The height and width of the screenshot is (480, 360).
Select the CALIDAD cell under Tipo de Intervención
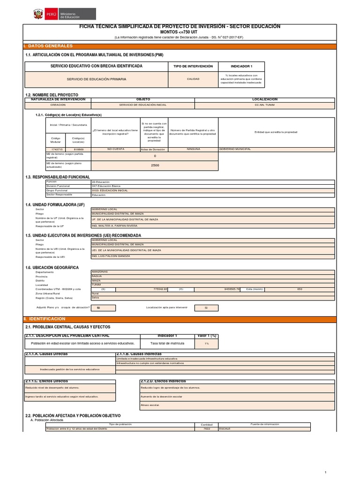click(x=193, y=79)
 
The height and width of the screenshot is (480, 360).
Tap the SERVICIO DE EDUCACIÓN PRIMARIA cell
click(x=96, y=79)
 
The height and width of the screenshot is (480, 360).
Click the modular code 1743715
click(x=56, y=149)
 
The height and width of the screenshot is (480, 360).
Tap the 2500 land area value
click(x=155, y=165)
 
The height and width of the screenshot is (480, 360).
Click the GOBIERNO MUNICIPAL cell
click(x=277, y=149)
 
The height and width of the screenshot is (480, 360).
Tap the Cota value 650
click(x=300, y=289)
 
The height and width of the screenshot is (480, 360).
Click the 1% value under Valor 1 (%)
click(x=206, y=344)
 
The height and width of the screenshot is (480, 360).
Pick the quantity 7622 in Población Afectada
click(x=207, y=428)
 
